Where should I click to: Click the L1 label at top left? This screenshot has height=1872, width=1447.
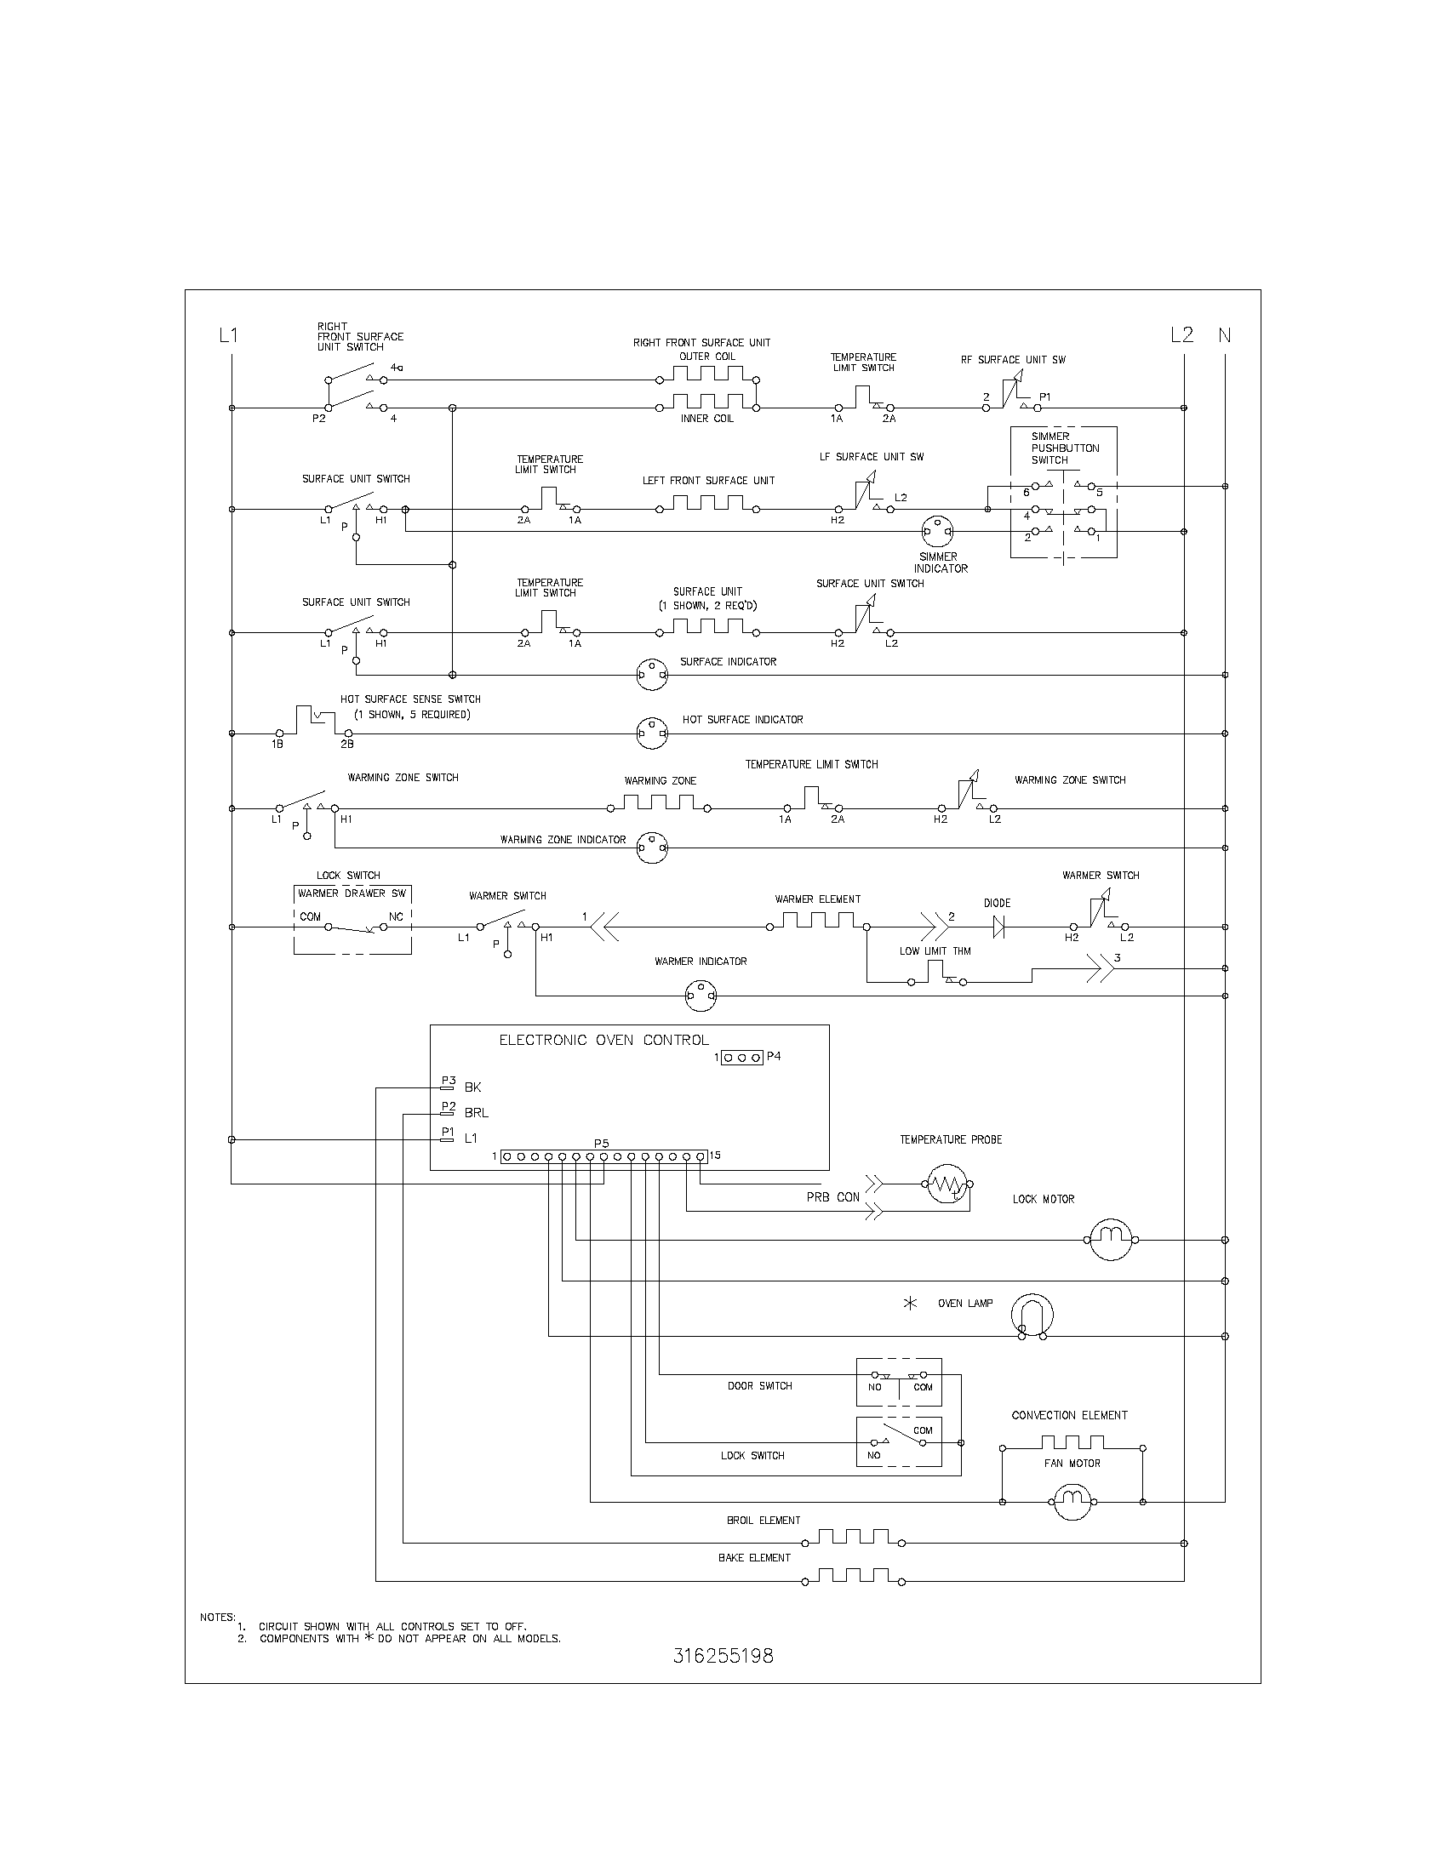coord(228,335)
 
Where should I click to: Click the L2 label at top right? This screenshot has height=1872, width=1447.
coord(1181,335)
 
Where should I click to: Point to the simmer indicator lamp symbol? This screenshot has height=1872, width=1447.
coord(937,532)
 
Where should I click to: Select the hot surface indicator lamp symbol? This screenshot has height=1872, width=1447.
coord(652,733)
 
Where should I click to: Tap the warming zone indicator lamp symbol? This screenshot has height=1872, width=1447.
coord(652,848)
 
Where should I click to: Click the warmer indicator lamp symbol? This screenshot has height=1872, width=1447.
coord(701,996)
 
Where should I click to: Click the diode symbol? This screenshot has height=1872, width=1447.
coord(997,927)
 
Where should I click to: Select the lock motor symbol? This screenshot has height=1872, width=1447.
coord(1111,1240)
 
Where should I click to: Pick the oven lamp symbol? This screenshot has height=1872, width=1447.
coord(1032,1315)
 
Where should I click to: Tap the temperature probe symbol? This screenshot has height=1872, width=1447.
coord(948,1184)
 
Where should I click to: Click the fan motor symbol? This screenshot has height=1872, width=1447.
coord(1072,1502)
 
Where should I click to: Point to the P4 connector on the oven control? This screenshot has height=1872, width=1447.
coord(741,1058)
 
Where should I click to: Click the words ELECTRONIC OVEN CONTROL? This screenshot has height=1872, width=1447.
coord(603,1040)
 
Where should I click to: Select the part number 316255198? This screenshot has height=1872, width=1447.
coord(723,1656)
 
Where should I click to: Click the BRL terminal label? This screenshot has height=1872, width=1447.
coord(476,1113)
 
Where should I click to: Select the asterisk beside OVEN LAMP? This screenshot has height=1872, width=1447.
coord(911,1303)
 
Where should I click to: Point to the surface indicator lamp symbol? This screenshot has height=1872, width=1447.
coord(652,675)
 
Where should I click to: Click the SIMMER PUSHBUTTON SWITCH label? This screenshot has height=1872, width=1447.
coord(1064,448)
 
